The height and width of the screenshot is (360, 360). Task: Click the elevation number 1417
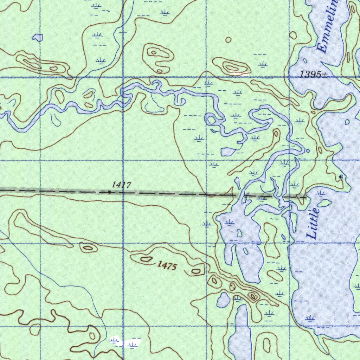(x=121, y=185)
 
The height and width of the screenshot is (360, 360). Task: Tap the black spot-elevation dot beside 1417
(x=109, y=192)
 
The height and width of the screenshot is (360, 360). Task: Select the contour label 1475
(x=167, y=266)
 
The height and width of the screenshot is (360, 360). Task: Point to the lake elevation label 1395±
(x=314, y=74)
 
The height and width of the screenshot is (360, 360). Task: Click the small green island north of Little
(x=324, y=203)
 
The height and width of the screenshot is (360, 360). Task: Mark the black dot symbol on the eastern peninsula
(x=341, y=176)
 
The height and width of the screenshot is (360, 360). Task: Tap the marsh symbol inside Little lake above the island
(x=320, y=193)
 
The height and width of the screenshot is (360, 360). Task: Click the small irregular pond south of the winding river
(x=228, y=152)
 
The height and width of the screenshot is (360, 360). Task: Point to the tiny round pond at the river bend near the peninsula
(x=308, y=150)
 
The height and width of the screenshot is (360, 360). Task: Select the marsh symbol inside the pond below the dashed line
(x=229, y=222)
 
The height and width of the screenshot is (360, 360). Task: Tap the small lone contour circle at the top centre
(x=229, y=40)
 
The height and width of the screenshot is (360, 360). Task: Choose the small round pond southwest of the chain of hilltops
(x=223, y=300)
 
